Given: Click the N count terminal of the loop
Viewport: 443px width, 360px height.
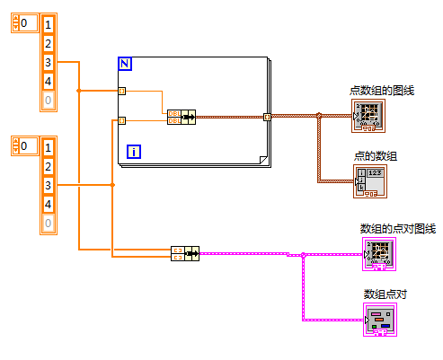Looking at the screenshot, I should click(125, 64).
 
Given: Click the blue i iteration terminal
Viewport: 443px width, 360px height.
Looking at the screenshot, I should click(134, 151).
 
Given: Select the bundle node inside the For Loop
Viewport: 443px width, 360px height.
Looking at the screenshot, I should click(181, 116).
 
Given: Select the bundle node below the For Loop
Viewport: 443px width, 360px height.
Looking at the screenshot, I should click(185, 253).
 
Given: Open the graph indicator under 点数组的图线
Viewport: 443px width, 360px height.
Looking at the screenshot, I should click(368, 115).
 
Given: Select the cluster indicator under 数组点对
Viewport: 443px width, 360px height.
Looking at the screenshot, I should click(379, 319).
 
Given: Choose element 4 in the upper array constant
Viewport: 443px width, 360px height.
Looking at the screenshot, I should click(49, 81).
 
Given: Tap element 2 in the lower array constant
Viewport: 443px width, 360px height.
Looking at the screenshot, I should click(49, 166).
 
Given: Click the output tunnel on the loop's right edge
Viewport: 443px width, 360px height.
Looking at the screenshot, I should click(266, 117).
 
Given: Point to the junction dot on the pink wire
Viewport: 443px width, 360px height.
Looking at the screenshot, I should click(304, 255).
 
